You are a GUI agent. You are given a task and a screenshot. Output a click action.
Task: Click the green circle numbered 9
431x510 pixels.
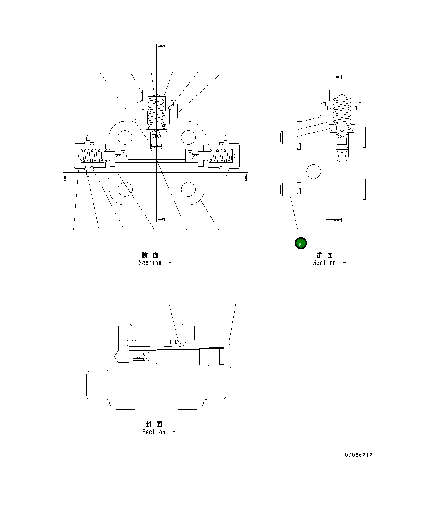(301, 243)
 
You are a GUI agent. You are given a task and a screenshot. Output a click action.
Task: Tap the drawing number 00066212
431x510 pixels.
(359, 455)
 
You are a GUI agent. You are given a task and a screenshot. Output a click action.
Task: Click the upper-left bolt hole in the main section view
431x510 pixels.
(125, 137)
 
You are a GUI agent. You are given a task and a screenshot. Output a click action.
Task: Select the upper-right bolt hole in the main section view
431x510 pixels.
(188, 137)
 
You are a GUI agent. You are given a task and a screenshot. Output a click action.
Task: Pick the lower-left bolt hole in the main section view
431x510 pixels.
(125, 189)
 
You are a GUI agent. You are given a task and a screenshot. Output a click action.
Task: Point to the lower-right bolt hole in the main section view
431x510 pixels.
(188, 189)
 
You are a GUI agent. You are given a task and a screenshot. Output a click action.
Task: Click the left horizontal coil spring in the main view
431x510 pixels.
(92, 156)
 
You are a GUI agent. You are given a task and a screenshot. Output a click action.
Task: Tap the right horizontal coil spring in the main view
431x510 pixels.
(221, 156)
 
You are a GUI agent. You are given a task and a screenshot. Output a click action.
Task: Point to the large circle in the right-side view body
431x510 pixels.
(313, 171)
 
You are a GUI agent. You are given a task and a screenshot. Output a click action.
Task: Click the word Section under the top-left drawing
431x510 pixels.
(150, 263)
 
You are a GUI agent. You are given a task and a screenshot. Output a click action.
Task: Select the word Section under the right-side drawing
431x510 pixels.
(324, 263)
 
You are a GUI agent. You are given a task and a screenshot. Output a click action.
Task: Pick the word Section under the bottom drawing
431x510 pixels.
(153, 432)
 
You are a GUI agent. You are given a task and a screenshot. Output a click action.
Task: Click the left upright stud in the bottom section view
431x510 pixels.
(125, 332)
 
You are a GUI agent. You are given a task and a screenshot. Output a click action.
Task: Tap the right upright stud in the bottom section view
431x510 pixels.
(188, 332)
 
